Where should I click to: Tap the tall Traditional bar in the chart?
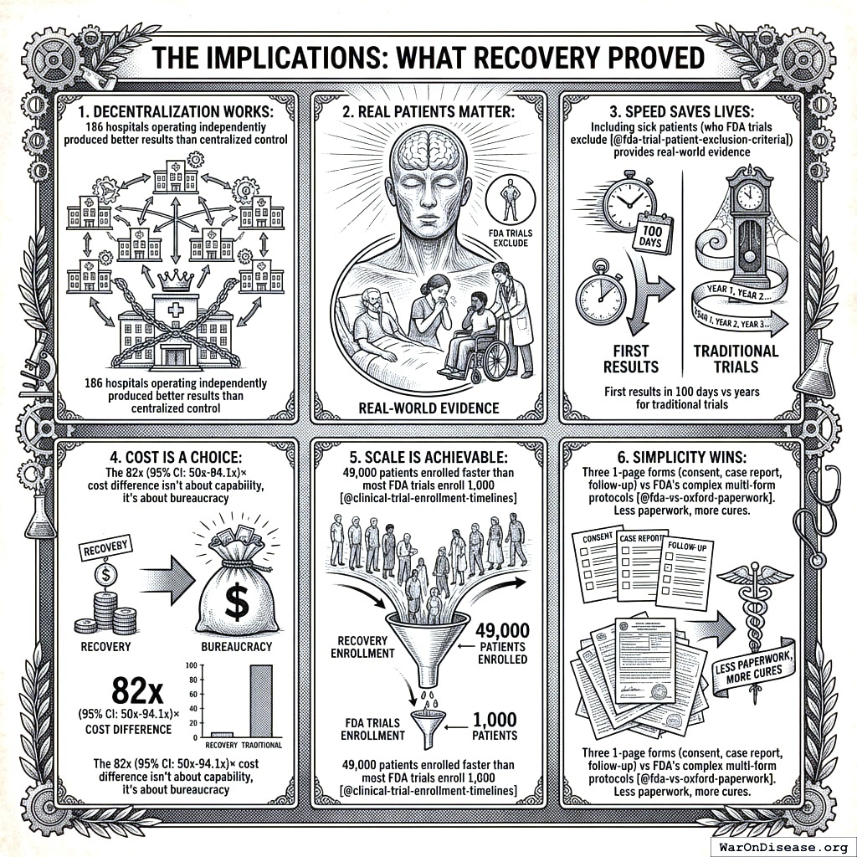[262, 700]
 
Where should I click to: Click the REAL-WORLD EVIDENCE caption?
[428, 408]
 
